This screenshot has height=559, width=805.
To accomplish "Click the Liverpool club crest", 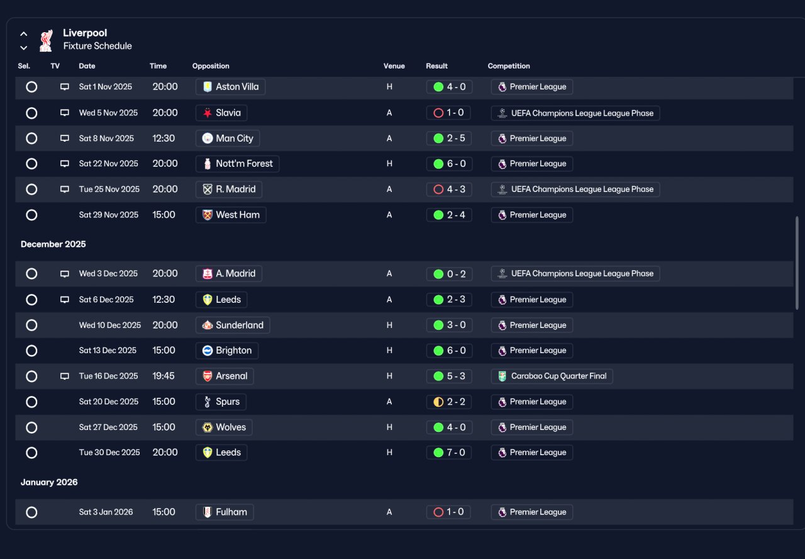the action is tap(46, 40).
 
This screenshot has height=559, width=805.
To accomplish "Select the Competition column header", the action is tap(509, 66).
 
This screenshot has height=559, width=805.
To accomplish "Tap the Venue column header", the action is tap(394, 66).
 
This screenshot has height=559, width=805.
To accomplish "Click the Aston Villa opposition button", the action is tap(230, 87).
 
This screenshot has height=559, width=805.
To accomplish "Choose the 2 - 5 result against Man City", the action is tap(449, 138).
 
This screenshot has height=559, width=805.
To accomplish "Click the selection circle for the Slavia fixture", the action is tap(31, 113).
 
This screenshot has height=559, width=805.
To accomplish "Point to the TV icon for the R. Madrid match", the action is tap(64, 189).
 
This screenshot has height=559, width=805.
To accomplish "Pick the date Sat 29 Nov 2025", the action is tap(109, 215).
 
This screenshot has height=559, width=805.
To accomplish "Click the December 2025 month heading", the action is tap(53, 244).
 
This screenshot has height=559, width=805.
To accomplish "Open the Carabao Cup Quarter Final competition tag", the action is tap(552, 376).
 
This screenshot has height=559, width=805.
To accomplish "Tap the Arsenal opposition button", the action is tap(225, 376).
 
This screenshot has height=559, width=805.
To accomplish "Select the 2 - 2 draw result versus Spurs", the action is tap(449, 402).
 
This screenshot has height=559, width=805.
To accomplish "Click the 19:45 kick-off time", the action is tap(164, 376).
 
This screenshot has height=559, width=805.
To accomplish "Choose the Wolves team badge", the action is tap(208, 427).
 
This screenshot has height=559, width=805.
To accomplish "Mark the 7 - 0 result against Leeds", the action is tap(449, 453).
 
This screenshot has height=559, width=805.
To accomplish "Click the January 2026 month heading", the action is tap(49, 482).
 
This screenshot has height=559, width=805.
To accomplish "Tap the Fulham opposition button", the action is tap(225, 512).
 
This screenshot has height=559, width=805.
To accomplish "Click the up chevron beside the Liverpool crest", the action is tap(24, 34).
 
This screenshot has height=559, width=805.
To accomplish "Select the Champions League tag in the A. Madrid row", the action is tap(575, 274).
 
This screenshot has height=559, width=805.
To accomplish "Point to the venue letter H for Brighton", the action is tap(389, 351).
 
